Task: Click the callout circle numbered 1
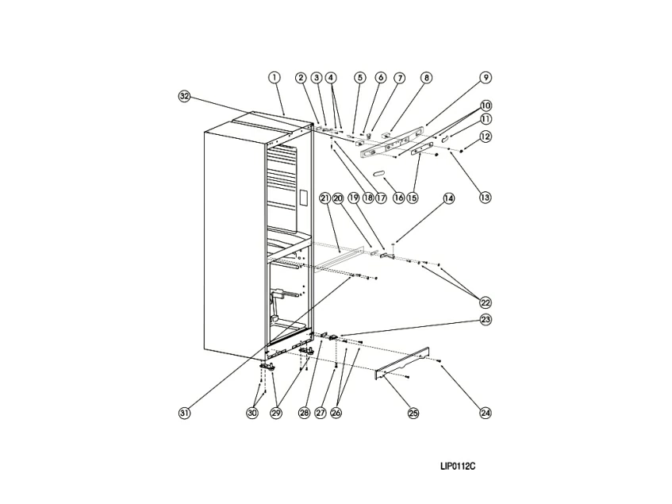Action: pyautogui.click(x=275, y=78)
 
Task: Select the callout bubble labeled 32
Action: pyautogui.click(x=184, y=96)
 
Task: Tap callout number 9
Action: pyautogui.click(x=485, y=78)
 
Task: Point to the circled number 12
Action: pyautogui.click(x=485, y=137)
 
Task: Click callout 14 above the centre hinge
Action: pyautogui.click(x=449, y=198)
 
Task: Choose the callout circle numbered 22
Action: pyautogui.click(x=485, y=302)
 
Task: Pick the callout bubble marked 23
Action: pyautogui.click(x=485, y=320)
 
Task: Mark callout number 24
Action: pyautogui.click(x=485, y=413)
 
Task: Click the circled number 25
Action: pyautogui.click(x=413, y=413)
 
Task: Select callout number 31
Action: pyautogui.click(x=184, y=413)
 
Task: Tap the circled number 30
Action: pyautogui.click(x=252, y=413)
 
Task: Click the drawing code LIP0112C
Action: pyautogui.click(x=458, y=466)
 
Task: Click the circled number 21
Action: pyautogui.click(x=324, y=198)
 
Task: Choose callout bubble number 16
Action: pyautogui.click(x=398, y=198)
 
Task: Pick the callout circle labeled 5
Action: pyautogui.click(x=360, y=78)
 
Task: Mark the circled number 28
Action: pyautogui.click(x=305, y=413)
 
